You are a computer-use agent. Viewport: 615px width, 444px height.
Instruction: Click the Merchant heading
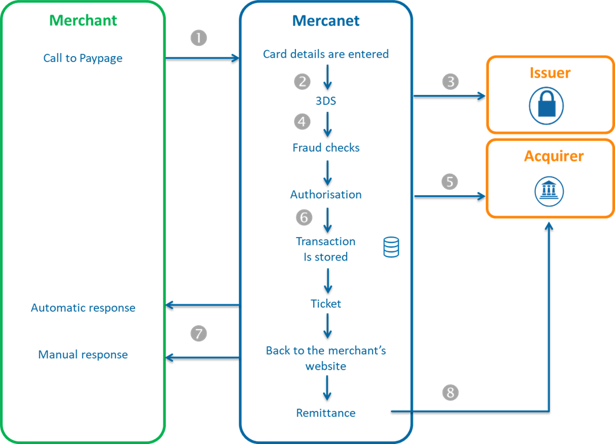pyautogui.click(x=83, y=20)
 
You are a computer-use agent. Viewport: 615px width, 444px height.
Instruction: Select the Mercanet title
pyautogui.click(x=325, y=21)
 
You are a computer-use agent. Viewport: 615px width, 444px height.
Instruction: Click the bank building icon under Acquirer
pyautogui.click(x=550, y=191)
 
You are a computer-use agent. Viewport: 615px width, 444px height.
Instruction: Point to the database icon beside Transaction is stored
pyautogui.click(x=391, y=247)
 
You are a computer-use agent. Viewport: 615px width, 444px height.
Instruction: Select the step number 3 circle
pyautogui.click(x=450, y=81)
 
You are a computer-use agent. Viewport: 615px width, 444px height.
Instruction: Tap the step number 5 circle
pyautogui.click(x=449, y=182)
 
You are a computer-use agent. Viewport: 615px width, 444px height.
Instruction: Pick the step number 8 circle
pyautogui.click(x=450, y=393)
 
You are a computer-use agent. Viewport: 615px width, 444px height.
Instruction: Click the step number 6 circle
pyautogui.click(x=304, y=217)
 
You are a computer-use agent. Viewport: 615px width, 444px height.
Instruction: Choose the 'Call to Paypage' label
pyautogui.click(x=83, y=58)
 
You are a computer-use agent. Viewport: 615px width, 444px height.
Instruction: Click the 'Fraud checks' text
pyautogui.click(x=326, y=148)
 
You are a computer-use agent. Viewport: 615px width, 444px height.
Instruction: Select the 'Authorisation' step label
pyautogui.click(x=326, y=195)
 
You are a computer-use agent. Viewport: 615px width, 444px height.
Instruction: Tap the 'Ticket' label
pyautogui.click(x=326, y=304)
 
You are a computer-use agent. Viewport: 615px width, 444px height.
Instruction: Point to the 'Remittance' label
pyautogui.click(x=326, y=413)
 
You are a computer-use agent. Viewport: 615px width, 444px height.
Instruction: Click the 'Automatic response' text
pyautogui.click(x=83, y=308)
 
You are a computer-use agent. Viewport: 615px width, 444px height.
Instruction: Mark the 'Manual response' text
pyautogui.click(x=83, y=354)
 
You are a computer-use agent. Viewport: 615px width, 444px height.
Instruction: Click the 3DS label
pyautogui.click(x=325, y=101)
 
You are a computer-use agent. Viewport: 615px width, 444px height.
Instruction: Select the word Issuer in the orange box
pyautogui.click(x=550, y=73)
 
